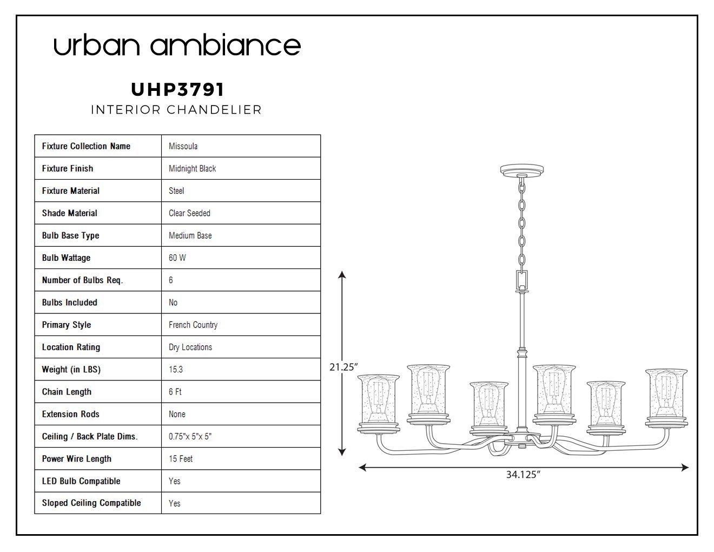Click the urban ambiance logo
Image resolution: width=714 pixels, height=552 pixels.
coord(177,44)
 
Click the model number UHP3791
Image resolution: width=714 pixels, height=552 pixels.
coord(177,89)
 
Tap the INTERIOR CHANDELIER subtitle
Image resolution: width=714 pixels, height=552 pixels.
coord(176,110)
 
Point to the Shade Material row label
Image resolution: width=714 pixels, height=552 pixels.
coord(70,213)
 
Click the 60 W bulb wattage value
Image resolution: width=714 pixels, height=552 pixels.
coord(177,258)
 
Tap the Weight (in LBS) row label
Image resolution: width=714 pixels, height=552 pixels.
coord(71,370)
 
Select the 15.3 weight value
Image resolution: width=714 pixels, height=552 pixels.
coord(175,370)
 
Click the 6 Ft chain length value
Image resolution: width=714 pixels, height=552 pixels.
coord(175,392)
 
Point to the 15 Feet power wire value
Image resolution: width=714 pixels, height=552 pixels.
coord(181,458)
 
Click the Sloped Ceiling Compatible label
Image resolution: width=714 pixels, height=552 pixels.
coord(91,503)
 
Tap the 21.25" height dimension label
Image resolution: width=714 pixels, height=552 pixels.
coord(343,367)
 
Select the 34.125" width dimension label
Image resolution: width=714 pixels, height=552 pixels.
coord(523,475)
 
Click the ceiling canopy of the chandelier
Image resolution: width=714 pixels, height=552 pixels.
coord(522,170)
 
